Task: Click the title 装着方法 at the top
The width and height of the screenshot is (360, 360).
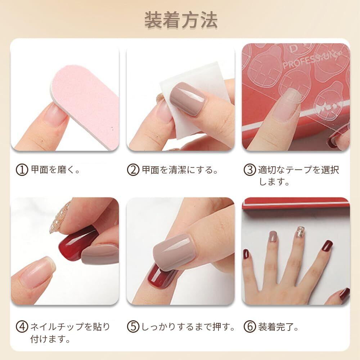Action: pyautogui.click(x=181, y=20)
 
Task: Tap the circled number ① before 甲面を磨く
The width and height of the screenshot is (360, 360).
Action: pyautogui.click(x=22, y=170)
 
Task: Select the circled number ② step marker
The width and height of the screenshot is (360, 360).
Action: pyautogui.click(x=133, y=170)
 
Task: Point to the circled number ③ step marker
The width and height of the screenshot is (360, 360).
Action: pyautogui.click(x=249, y=170)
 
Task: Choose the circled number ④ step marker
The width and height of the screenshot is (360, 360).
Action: pyautogui.click(x=22, y=327)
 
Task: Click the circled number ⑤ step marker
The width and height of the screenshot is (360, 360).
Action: pyautogui.click(x=133, y=327)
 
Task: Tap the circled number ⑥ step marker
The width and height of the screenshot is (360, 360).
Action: pyautogui.click(x=249, y=327)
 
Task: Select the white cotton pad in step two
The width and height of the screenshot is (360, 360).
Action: pyautogui.click(x=195, y=99)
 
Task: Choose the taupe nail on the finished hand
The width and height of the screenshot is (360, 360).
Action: pyautogui.click(x=273, y=237)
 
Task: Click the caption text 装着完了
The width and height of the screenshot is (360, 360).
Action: pyautogui.click(x=278, y=327)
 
